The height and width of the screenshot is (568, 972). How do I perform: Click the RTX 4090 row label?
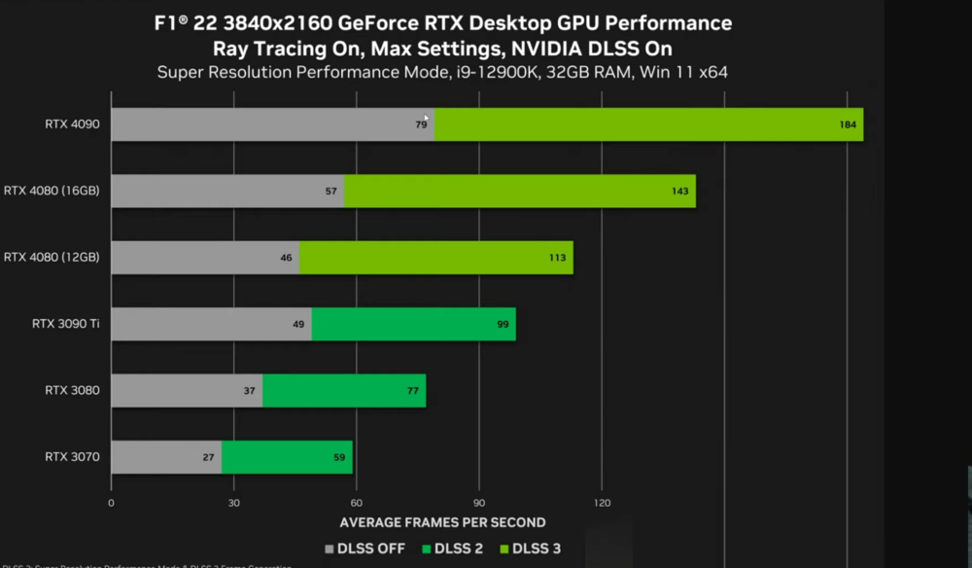point(72,124)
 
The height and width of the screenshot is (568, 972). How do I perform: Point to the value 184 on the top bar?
point(848,124)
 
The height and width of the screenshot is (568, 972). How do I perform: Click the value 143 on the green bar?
point(680,192)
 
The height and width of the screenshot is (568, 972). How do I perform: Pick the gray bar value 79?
point(421,124)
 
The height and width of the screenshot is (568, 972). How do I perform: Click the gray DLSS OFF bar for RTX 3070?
point(166,457)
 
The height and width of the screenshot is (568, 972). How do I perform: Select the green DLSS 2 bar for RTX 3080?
point(344,391)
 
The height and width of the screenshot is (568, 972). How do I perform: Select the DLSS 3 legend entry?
point(530,549)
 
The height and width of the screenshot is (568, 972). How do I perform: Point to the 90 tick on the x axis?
point(478,503)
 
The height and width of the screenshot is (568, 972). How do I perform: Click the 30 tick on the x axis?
point(233,503)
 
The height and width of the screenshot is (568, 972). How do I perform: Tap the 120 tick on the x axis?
point(601,503)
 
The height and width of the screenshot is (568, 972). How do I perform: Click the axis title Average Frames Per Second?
point(443,522)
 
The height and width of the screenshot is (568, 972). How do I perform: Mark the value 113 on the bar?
point(558,258)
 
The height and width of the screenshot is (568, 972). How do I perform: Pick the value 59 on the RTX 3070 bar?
point(339,457)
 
